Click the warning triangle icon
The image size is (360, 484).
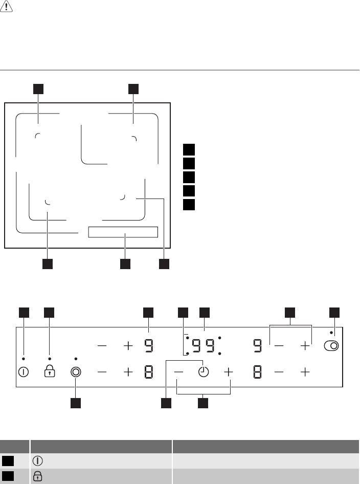[x=6, y=6]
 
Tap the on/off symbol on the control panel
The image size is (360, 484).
[x=24, y=372]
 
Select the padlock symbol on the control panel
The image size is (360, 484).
[x=50, y=371]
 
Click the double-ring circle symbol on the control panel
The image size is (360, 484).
[x=76, y=372]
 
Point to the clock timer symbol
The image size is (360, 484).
[x=204, y=372]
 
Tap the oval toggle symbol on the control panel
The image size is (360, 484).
[x=331, y=346]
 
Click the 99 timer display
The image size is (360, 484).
[x=204, y=346]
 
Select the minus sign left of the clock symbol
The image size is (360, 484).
[x=178, y=372]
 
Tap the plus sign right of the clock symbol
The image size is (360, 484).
[x=228, y=372]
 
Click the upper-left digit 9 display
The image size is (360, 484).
[x=149, y=346]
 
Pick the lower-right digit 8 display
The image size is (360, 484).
[x=257, y=372]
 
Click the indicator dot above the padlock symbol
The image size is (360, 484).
[x=50, y=359]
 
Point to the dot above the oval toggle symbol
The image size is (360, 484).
[x=331, y=333]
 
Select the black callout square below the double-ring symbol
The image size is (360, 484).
[x=76, y=403]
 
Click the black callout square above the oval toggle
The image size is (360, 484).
[x=334, y=313]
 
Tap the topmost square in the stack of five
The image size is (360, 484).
[x=189, y=149]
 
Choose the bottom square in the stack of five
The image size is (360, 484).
[x=189, y=205]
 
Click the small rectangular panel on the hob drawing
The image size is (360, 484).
[x=123, y=232]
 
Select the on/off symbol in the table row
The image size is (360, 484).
[x=37, y=461]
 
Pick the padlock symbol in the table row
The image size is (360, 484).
[x=37, y=476]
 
